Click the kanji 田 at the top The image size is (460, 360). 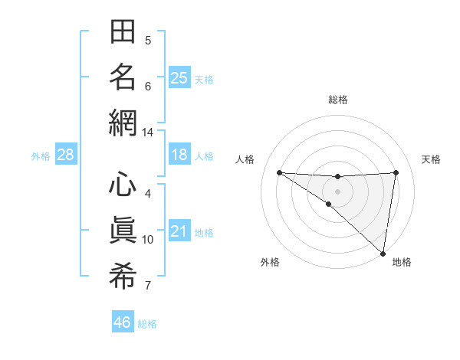(123, 32)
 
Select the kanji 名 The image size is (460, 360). (123, 77)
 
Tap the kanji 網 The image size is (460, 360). (123, 123)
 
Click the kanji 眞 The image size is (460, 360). (123, 230)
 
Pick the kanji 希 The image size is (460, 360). (123, 275)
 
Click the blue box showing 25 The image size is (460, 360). (179, 77)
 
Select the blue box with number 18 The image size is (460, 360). (179, 155)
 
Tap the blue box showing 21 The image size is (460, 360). (179, 231)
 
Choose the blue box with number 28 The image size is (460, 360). (65, 155)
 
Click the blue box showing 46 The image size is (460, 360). (123, 322)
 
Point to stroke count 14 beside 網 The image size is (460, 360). (147, 133)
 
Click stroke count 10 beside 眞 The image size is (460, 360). (147, 240)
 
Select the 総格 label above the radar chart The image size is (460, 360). (337, 100)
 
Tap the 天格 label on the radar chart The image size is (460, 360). (431, 159)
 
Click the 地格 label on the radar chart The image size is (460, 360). (402, 263)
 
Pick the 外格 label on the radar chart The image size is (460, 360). (270, 263)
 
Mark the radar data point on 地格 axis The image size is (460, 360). (383, 254)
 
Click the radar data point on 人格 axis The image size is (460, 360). (279, 172)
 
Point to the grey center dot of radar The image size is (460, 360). (337, 191)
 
